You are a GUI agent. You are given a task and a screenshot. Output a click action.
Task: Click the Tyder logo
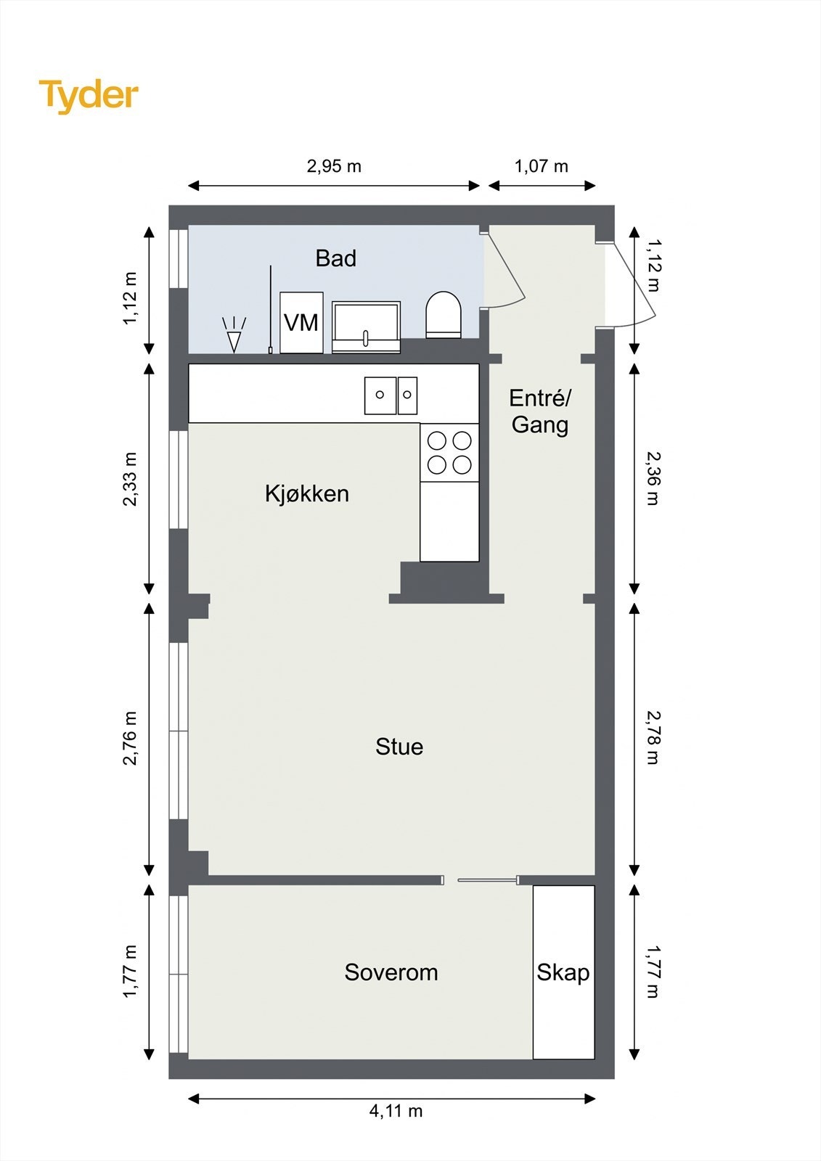(x=89, y=96)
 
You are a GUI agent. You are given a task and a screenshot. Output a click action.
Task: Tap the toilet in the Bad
(x=444, y=315)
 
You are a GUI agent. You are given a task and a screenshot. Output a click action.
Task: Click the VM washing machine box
(x=301, y=322)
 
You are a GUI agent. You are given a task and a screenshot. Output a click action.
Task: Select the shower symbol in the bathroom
(x=234, y=335)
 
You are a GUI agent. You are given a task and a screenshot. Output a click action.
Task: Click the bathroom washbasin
(x=366, y=327)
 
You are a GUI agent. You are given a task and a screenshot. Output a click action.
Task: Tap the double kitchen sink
(x=391, y=395)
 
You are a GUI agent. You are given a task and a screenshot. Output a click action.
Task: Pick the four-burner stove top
(x=449, y=452)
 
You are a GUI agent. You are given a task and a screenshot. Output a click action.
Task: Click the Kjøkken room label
(x=306, y=493)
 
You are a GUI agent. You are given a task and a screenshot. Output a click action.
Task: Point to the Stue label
(x=399, y=747)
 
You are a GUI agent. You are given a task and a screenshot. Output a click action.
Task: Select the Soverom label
(x=391, y=972)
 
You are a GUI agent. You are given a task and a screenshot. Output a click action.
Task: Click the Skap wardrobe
(x=563, y=972)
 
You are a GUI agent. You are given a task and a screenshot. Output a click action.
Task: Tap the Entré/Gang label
(x=539, y=411)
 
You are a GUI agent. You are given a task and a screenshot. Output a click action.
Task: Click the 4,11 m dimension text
(x=396, y=1111)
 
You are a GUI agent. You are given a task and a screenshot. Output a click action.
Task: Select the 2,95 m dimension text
(x=334, y=166)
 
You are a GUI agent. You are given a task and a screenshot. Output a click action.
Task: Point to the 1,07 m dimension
(x=542, y=166)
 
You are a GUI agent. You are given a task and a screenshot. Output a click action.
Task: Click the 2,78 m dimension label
(x=652, y=738)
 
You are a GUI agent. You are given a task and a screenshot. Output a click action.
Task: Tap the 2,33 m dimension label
(x=130, y=479)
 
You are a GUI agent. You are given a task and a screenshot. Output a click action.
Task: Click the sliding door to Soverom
(x=487, y=880)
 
